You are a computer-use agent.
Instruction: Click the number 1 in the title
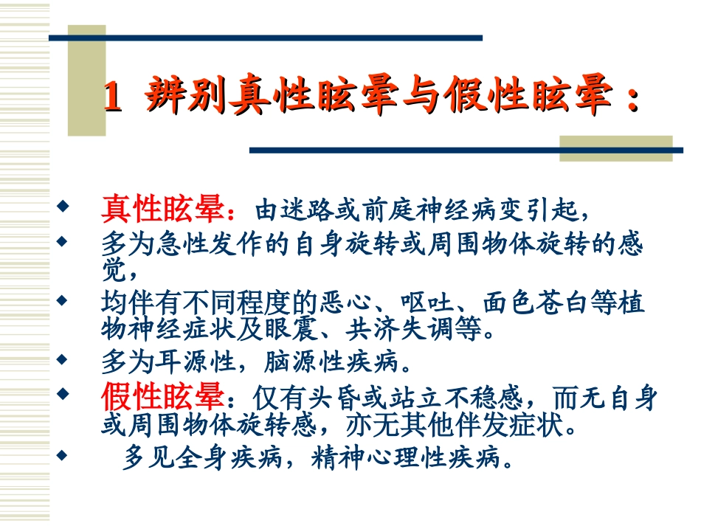[111, 97]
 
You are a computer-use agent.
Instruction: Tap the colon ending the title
[632, 100]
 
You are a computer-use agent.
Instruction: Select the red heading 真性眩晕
[162, 210]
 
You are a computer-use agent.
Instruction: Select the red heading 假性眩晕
[162, 398]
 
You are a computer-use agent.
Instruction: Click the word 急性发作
[199, 244]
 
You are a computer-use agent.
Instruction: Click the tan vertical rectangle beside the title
[86, 81]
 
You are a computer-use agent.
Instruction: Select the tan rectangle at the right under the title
[615, 148]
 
